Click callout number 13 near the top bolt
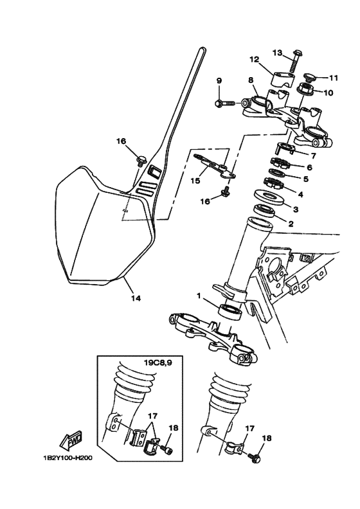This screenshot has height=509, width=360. coord(277,53)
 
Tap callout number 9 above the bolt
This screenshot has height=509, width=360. coord(219,80)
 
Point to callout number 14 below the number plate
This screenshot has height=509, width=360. coord(135,298)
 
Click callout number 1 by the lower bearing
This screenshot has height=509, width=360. coord(200,297)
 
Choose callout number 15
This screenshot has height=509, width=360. coord(195,181)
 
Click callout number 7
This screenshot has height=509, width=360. coord(314,156)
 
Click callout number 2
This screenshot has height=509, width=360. coord(290,224)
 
